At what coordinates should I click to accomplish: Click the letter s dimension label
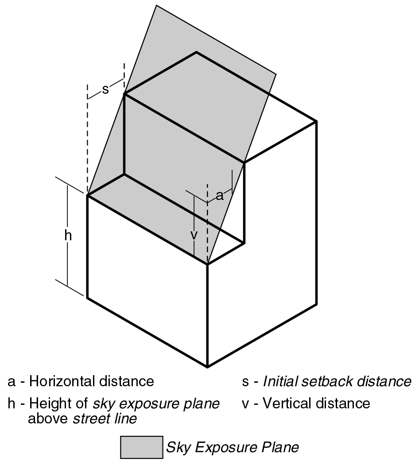click(105, 90)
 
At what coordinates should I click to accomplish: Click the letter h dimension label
click(68, 236)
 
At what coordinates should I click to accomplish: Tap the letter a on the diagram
click(219, 196)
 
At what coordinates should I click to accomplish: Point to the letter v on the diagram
click(194, 235)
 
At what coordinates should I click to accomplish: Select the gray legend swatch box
click(141, 447)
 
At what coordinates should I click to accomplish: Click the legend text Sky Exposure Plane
click(232, 447)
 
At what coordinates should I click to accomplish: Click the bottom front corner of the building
click(207, 367)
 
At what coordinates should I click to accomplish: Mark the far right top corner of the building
click(316, 121)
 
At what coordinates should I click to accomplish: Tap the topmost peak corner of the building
click(196, 52)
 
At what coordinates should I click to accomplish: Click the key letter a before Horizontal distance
click(11, 382)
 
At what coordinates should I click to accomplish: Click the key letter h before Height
click(11, 404)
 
